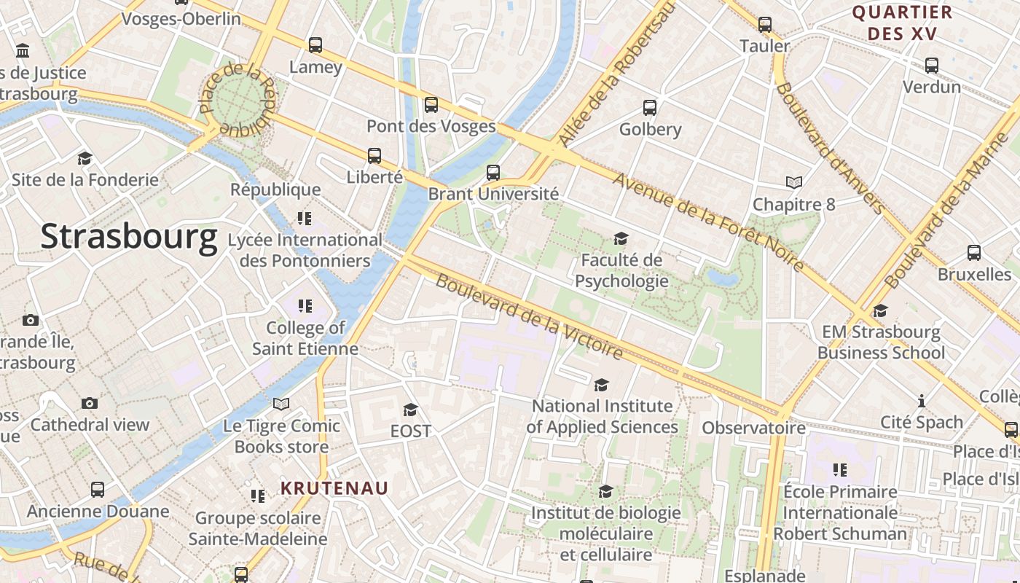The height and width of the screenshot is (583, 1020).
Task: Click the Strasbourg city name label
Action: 129,237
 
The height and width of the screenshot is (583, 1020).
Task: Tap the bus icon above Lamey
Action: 315,45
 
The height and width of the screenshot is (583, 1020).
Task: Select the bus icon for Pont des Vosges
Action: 431,104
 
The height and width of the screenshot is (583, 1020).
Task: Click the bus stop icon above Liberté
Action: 374,155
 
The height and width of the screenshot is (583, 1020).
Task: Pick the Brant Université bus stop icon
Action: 493,173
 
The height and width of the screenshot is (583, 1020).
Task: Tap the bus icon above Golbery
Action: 650,108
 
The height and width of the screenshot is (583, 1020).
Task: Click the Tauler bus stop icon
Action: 765,25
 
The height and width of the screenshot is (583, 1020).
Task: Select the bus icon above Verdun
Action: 932,66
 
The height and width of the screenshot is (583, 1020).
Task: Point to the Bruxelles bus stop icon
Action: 974,253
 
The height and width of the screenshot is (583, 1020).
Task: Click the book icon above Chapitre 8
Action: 794,182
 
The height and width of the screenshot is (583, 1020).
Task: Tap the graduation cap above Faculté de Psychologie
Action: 621,238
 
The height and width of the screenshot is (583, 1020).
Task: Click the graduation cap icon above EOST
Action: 411,410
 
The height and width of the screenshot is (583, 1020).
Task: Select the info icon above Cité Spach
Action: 922,401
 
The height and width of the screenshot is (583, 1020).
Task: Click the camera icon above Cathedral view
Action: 90,403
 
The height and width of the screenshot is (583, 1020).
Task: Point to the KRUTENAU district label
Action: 335,488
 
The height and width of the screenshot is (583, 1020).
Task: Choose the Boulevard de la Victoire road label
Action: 530,316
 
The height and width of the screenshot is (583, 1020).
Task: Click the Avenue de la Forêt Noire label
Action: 708,222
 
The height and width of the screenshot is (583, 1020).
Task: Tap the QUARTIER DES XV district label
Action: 902,23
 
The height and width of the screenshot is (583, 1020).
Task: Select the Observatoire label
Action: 753,428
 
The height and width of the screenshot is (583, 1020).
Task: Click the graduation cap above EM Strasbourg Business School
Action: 881,311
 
